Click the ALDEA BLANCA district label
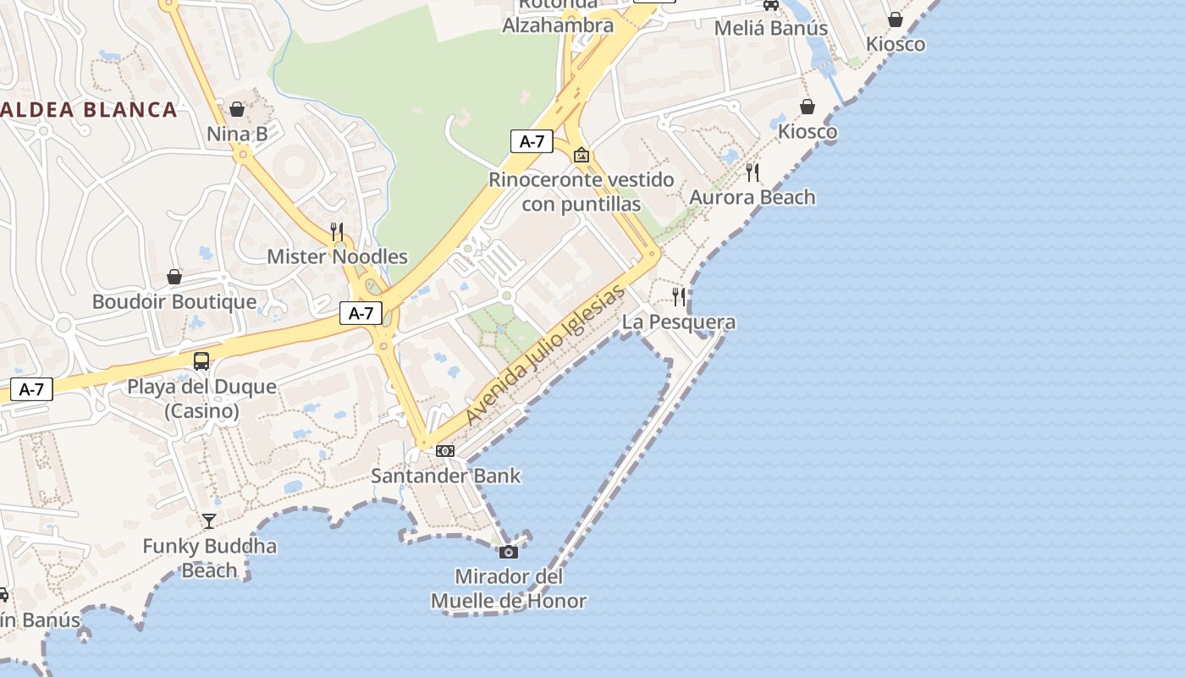point(89,109)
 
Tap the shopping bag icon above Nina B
point(237,110)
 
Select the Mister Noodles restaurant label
point(337,256)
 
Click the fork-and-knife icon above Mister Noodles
point(337,231)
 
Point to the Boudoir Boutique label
point(174,302)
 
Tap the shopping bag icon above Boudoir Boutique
point(174,277)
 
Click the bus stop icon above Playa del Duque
point(201,361)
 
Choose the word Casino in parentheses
point(201,411)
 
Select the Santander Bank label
point(445,476)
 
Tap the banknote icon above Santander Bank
point(445,451)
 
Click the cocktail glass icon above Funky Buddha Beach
point(209,520)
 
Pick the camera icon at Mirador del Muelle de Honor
point(509,553)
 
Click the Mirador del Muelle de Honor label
point(509,589)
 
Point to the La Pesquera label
point(679,322)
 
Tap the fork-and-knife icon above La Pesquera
point(679,296)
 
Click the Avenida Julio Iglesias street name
point(546,355)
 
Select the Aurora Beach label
point(752,197)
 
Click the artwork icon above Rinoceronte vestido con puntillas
point(581,155)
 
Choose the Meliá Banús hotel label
point(770,28)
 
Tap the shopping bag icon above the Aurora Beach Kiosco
point(807,107)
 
